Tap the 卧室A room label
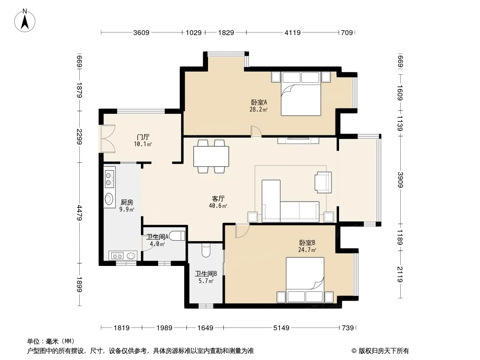258,102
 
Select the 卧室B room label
307,243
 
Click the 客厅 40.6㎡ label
218,202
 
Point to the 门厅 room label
143,137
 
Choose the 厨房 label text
127,202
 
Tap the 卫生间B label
206,274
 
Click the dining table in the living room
211,156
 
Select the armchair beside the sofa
323,182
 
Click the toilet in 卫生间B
206,250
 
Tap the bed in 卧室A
301,94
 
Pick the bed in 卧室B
305,280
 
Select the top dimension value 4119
293,32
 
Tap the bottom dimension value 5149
281,328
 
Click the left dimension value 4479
79,213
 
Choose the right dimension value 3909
400,180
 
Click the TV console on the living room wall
298,140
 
